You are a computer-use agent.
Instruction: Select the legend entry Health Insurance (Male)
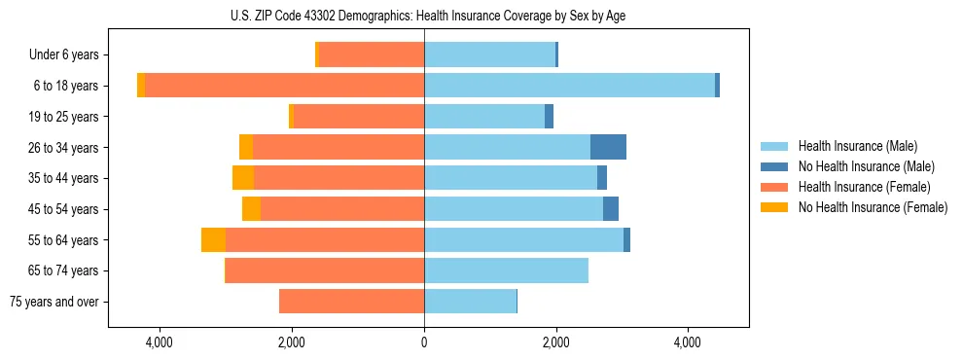(x=857, y=146)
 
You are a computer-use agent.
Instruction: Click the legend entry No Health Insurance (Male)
(x=866, y=166)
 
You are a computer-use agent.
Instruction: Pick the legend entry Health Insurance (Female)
(x=864, y=187)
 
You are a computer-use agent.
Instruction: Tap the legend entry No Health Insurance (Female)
(x=873, y=207)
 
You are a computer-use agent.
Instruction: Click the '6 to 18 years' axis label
(x=65, y=86)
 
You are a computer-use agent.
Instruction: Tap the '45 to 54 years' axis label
(x=63, y=209)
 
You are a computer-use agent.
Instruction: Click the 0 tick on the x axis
(x=424, y=342)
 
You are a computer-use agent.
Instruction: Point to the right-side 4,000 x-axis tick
(x=688, y=342)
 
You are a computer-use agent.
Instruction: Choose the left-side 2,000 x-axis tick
(x=292, y=342)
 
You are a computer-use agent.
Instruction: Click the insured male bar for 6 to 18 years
(x=569, y=86)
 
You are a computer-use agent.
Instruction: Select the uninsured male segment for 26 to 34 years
(x=608, y=147)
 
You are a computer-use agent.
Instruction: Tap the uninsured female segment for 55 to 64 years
(x=213, y=239)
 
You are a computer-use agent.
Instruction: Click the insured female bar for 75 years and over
(x=351, y=302)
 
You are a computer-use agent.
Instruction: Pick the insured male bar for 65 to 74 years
(x=506, y=270)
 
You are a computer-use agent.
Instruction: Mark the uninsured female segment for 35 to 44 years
(x=243, y=178)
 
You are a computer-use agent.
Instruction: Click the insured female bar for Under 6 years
(x=372, y=54)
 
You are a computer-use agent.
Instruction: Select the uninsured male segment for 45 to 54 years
(x=611, y=209)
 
